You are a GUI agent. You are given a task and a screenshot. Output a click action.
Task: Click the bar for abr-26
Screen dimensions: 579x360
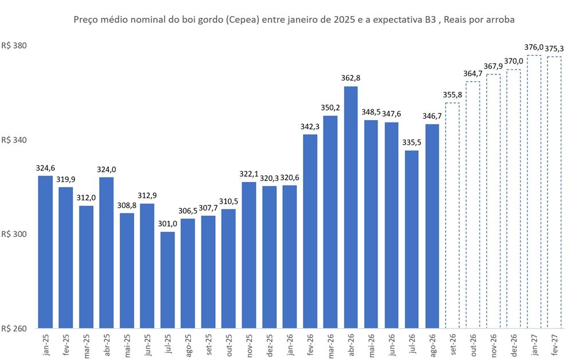[x=350, y=207]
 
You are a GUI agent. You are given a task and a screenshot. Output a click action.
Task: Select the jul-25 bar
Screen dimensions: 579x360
[x=167, y=280]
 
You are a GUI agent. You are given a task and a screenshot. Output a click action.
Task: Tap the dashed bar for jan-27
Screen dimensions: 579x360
[x=534, y=192]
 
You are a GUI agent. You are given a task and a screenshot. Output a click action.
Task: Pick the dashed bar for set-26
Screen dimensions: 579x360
[x=452, y=215]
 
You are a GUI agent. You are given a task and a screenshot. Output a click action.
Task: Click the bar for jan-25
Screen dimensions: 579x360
[x=45, y=252]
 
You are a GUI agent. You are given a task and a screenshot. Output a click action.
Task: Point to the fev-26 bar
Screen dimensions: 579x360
[x=310, y=231]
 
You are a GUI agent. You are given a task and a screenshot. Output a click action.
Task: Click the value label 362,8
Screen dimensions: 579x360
[x=351, y=78]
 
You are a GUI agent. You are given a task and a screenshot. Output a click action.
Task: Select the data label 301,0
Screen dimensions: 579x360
[x=168, y=224]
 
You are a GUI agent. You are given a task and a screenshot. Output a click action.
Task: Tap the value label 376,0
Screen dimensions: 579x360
[x=534, y=47]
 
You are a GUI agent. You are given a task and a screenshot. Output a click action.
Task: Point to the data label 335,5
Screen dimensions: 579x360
[x=412, y=143]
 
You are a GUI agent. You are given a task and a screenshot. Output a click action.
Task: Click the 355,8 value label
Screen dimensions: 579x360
[x=452, y=95]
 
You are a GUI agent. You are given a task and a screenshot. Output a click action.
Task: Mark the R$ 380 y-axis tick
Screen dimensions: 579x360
[x=14, y=45]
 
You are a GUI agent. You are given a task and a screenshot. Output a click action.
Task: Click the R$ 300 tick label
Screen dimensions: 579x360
[x=14, y=234]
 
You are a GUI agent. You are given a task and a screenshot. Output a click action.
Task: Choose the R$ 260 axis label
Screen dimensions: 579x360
[x=14, y=329]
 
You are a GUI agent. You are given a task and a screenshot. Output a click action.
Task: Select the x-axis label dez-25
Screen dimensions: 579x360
[x=270, y=345]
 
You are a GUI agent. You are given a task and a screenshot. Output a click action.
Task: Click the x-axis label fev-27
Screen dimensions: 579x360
[x=554, y=345]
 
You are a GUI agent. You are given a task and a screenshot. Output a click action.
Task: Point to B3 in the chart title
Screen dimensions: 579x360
[x=430, y=19]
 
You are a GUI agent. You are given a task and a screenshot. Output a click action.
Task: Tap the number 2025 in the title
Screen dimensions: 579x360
[x=345, y=19]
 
